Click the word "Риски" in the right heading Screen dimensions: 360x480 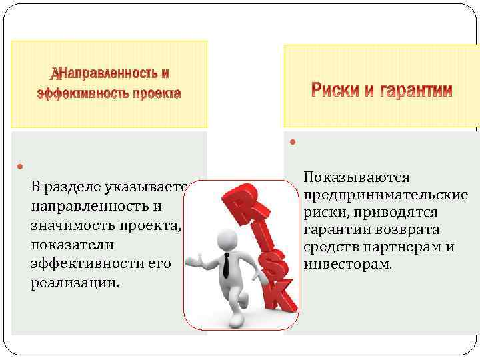click(x=337, y=90)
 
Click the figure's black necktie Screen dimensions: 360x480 click(x=227, y=265)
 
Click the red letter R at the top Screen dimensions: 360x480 click(x=241, y=200)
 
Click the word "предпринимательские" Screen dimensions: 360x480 click(x=385, y=195)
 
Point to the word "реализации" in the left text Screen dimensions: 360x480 click(x=73, y=283)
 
